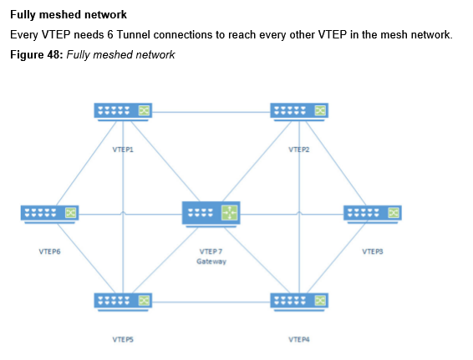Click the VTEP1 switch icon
tap(123, 112)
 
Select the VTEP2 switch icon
tap(299, 112)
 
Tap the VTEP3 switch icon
tap(373, 215)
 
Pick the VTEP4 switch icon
tap(299, 302)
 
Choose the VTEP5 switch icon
tap(123, 302)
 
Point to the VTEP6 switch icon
tap(49, 215)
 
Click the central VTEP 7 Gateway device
tap(211, 214)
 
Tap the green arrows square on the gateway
tap(230, 212)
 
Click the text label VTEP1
tap(123, 150)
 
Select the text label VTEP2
tap(299, 150)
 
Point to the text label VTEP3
tap(373, 251)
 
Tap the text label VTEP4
tap(299, 339)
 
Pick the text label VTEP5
tap(123, 339)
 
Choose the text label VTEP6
tap(49, 251)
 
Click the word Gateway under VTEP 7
tap(211, 261)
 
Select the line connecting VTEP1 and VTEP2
tap(211, 112)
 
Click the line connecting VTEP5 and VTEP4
tap(211, 302)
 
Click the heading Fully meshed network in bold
tap(69, 15)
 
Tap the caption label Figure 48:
tap(37, 54)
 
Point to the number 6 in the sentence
tap(110, 35)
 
